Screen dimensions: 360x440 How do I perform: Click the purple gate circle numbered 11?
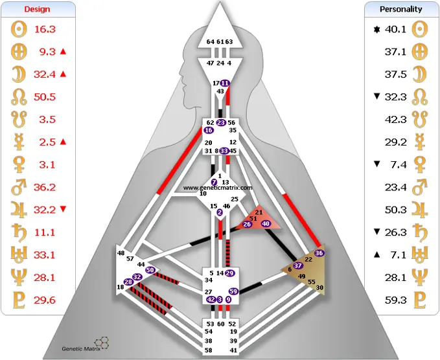[x=225, y=84]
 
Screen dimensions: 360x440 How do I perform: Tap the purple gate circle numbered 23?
[x=221, y=122]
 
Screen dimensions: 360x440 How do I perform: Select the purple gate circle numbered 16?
[x=209, y=130]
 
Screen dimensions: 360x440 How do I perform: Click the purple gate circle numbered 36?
[x=318, y=253]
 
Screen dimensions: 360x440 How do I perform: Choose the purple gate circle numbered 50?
[x=150, y=269]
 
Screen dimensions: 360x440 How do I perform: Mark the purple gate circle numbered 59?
[x=233, y=291]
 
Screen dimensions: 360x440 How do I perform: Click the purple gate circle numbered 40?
[x=266, y=223]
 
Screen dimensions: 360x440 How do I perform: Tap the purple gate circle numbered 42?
[x=211, y=300]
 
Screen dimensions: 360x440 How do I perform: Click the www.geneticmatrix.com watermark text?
[x=218, y=188]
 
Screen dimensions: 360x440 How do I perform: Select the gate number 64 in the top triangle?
[x=210, y=41]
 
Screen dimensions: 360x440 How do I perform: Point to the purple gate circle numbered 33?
[x=224, y=151]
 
